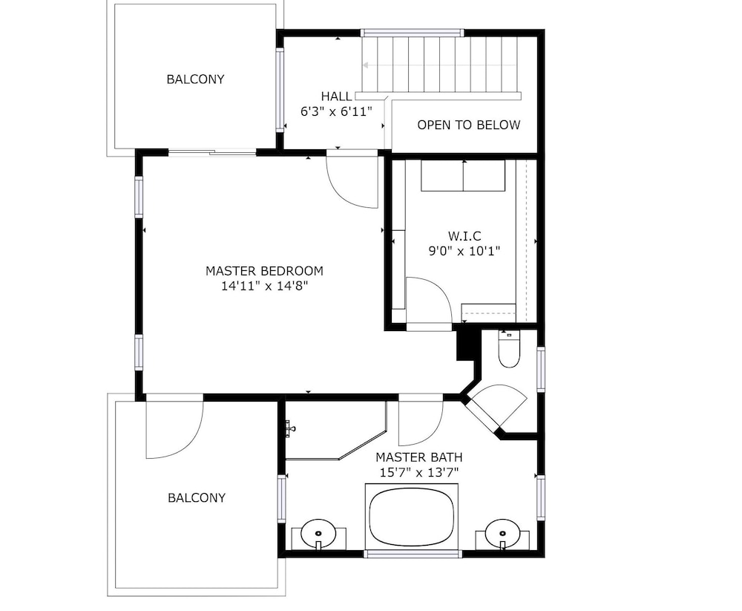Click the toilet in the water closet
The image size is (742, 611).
click(x=509, y=349)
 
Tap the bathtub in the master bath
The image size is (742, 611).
click(x=411, y=517)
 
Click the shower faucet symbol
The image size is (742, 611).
click(x=290, y=428)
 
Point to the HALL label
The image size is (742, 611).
click(x=336, y=97)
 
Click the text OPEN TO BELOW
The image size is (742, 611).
click(x=468, y=125)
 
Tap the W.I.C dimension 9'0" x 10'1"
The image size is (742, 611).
click(x=464, y=251)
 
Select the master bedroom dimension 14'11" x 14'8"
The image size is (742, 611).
click(x=265, y=286)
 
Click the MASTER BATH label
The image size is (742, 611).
click(x=418, y=457)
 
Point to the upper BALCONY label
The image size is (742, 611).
click(x=195, y=79)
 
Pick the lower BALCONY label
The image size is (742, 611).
click(x=197, y=498)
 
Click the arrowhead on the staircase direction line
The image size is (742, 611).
click(x=366, y=65)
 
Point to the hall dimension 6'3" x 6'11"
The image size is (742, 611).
click(x=336, y=112)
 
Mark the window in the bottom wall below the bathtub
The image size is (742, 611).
click(x=412, y=553)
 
